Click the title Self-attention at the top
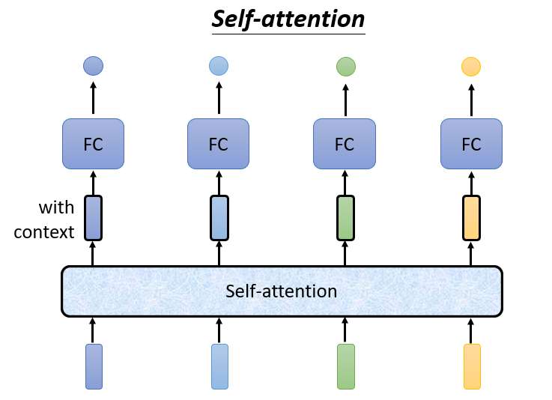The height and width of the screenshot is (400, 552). pyautogui.click(x=288, y=19)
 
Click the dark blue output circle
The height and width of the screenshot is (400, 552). pyautogui.click(x=93, y=66)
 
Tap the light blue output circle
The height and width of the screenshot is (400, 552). pyautogui.click(x=219, y=67)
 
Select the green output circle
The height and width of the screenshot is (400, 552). pyautogui.click(x=345, y=67)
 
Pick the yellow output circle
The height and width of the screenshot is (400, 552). pyautogui.click(x=471, y=67)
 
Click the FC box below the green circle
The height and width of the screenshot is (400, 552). pyautogui.click(x=344, y=144)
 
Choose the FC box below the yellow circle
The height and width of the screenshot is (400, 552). pyautogui.click(x=471, y=144)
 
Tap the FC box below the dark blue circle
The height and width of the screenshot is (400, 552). pyautogui.click(x=93, y=144)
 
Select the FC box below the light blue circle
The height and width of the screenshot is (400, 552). pyautogui.click(x=218, y=144)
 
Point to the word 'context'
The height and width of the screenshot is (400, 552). pyautogui.click(x=44, y=231)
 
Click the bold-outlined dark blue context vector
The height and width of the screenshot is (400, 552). pyautogui.click(x=93, y=217)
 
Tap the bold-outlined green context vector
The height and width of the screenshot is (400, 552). pyautogui.click(x=345, y=217)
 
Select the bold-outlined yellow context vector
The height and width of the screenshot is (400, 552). pyautogui.click(x=471, y=217)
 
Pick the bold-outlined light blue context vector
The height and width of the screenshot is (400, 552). pyautogui.click(x=219, y=217)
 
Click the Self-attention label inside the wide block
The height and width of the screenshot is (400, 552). pyautogui.click(x=281, y=291)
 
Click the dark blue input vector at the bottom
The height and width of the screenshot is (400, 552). pyautogui.click(x=94, y=366)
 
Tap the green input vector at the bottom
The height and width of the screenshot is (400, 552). pyautogui.click(x=345, y=366)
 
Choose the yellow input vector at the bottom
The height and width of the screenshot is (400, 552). pyautogui.click(x=472, y=366)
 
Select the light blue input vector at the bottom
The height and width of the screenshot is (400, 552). pyautogui.click(x=219, y=366)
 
